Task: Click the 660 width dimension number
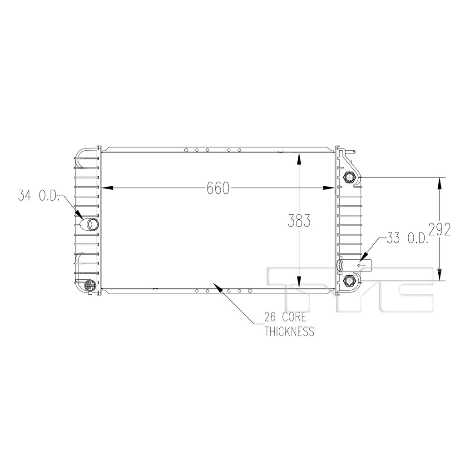218,188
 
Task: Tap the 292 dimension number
440,229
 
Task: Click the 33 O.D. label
407,238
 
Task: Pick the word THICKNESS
289,331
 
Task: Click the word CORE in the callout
294,317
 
